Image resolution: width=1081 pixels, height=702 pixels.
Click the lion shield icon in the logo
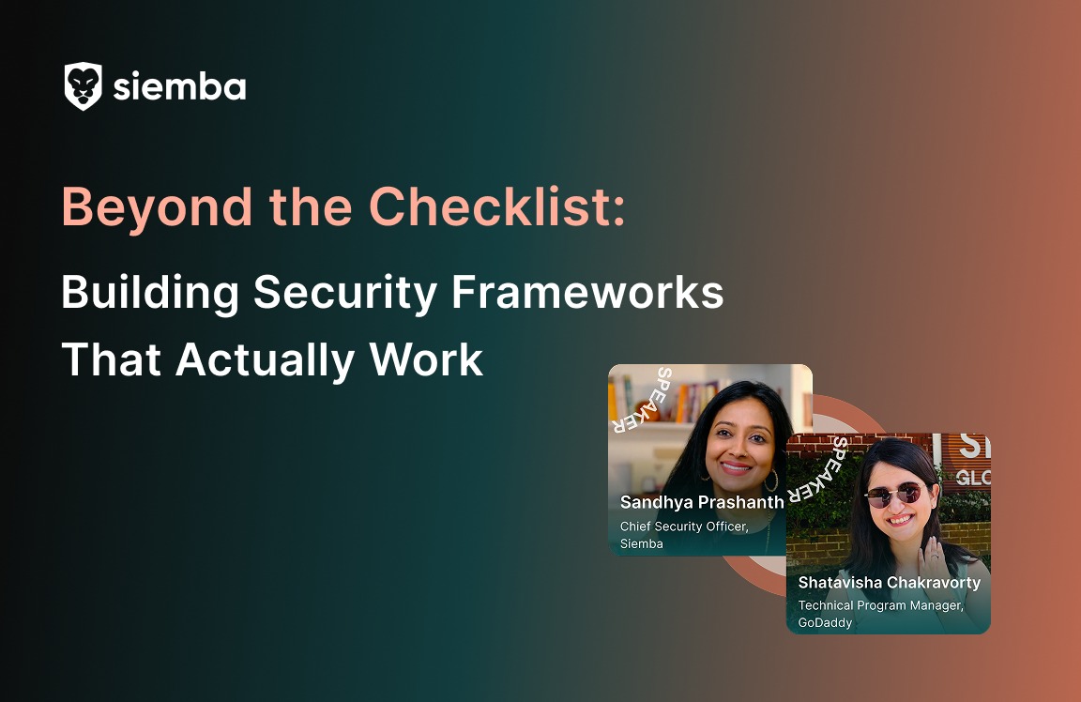(x=83, y=86)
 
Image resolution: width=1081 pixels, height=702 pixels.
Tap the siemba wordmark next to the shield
(x=179, y=87)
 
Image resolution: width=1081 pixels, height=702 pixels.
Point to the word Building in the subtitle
(x=149, y=293)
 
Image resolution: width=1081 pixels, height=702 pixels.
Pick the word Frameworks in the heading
(x=587, y=293)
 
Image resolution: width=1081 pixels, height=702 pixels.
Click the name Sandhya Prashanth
(x=702, y=502)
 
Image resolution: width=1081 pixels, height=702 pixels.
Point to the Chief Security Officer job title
(x=683, y=526)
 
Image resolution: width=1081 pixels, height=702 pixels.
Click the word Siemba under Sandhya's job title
(x=641, y=543)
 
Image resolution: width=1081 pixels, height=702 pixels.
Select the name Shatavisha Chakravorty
(x=889, y=582)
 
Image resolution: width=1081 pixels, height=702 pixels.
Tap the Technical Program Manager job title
(x=880, y=605)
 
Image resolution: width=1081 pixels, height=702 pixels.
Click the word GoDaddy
(x=825, y=622)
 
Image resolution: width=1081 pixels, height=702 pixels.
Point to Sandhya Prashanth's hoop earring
(x=771, y=481)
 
